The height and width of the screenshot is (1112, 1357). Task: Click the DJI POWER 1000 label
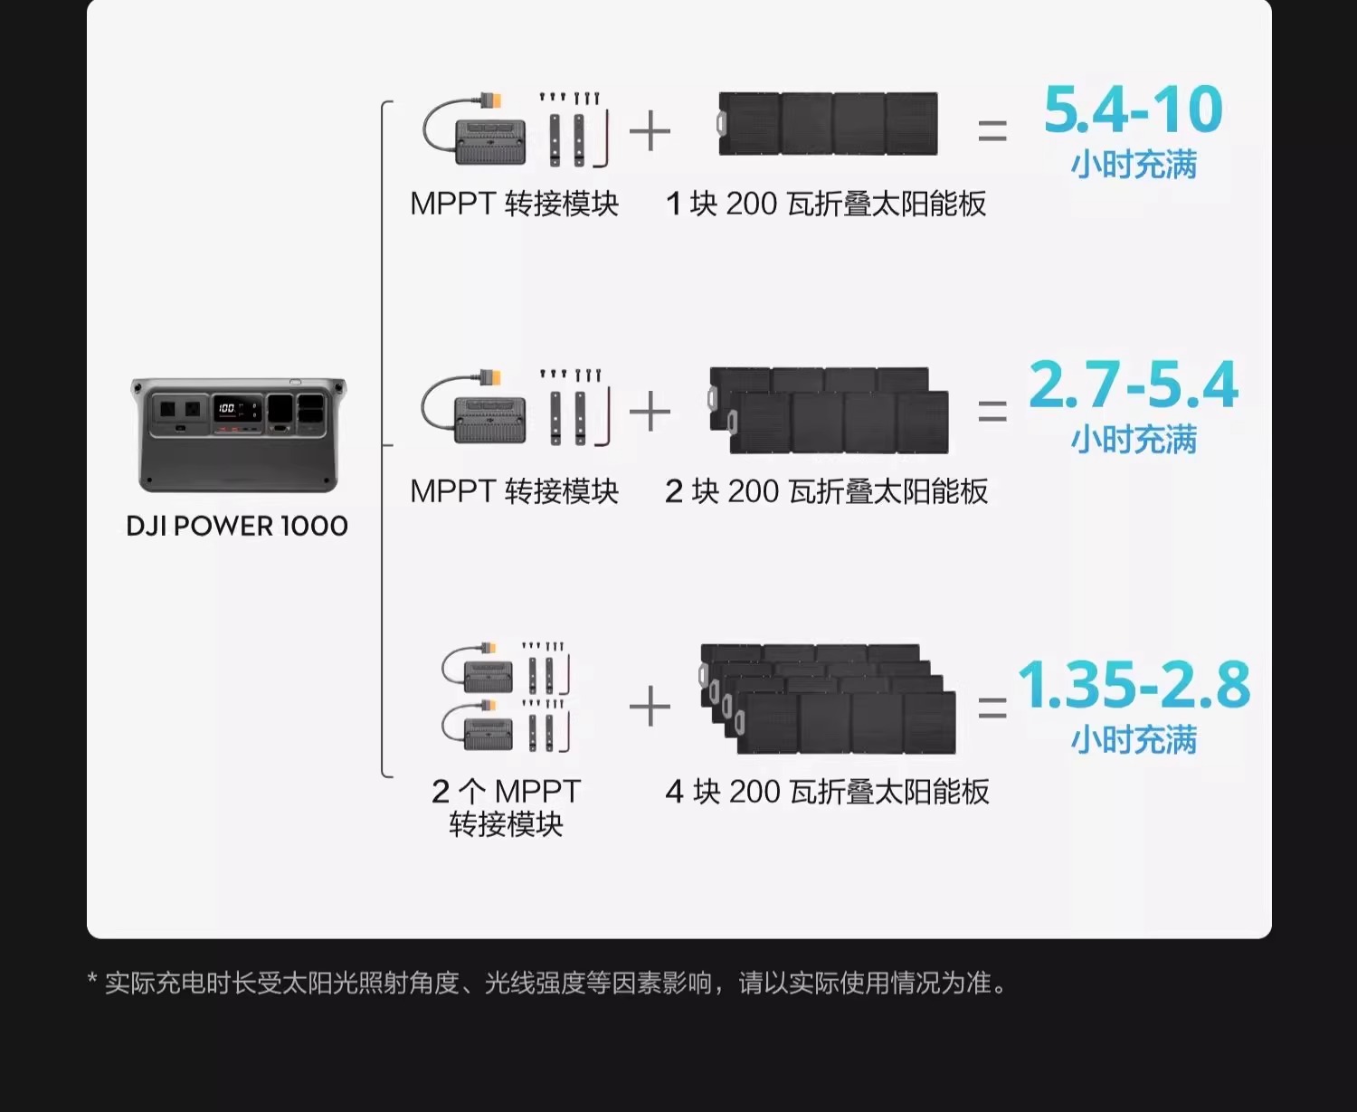point(237,526)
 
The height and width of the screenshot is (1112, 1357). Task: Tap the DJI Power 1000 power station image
point(238,434)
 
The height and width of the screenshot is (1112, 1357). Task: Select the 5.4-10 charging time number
point(1133,110)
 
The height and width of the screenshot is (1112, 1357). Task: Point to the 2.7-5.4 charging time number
point(1133,385)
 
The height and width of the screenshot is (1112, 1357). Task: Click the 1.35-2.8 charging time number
point(1134,685)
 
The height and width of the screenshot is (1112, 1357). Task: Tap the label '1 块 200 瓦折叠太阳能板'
point(825,204)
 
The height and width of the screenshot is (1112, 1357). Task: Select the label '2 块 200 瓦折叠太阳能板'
point(826,491)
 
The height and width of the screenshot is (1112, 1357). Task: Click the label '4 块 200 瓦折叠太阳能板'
point(827,792)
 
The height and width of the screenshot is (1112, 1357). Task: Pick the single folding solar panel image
point(828,124)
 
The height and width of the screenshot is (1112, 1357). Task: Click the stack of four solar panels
point(828,699)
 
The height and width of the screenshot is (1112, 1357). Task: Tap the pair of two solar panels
point(829,410)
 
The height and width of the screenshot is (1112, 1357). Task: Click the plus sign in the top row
point(650,132)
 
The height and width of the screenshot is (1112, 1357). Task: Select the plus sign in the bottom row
point(650,706)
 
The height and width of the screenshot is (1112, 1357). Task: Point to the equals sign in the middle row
point(992,412)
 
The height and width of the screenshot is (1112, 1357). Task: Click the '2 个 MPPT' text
point(506,791)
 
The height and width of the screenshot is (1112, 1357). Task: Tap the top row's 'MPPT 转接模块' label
point(514,204)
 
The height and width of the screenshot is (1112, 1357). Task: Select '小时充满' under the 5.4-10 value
point(1134,165)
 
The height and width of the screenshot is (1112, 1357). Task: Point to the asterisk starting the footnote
point(92,980)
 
